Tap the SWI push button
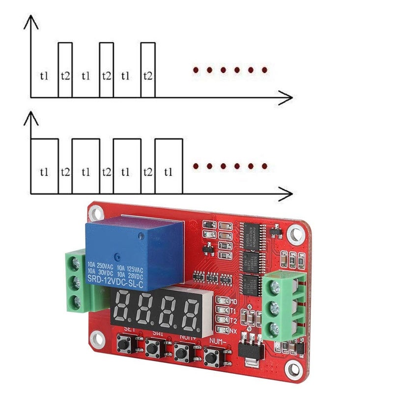(154, 348)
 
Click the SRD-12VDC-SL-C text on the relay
(115, 280)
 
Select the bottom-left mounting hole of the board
(97, 338)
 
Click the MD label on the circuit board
(233, 301)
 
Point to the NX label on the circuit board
(233, 331)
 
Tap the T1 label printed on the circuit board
(233, 310)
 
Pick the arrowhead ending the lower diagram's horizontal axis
(287, 193)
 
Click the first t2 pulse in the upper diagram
(65, 70)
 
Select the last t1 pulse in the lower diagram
(169, 166)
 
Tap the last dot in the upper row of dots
(264, 71)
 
